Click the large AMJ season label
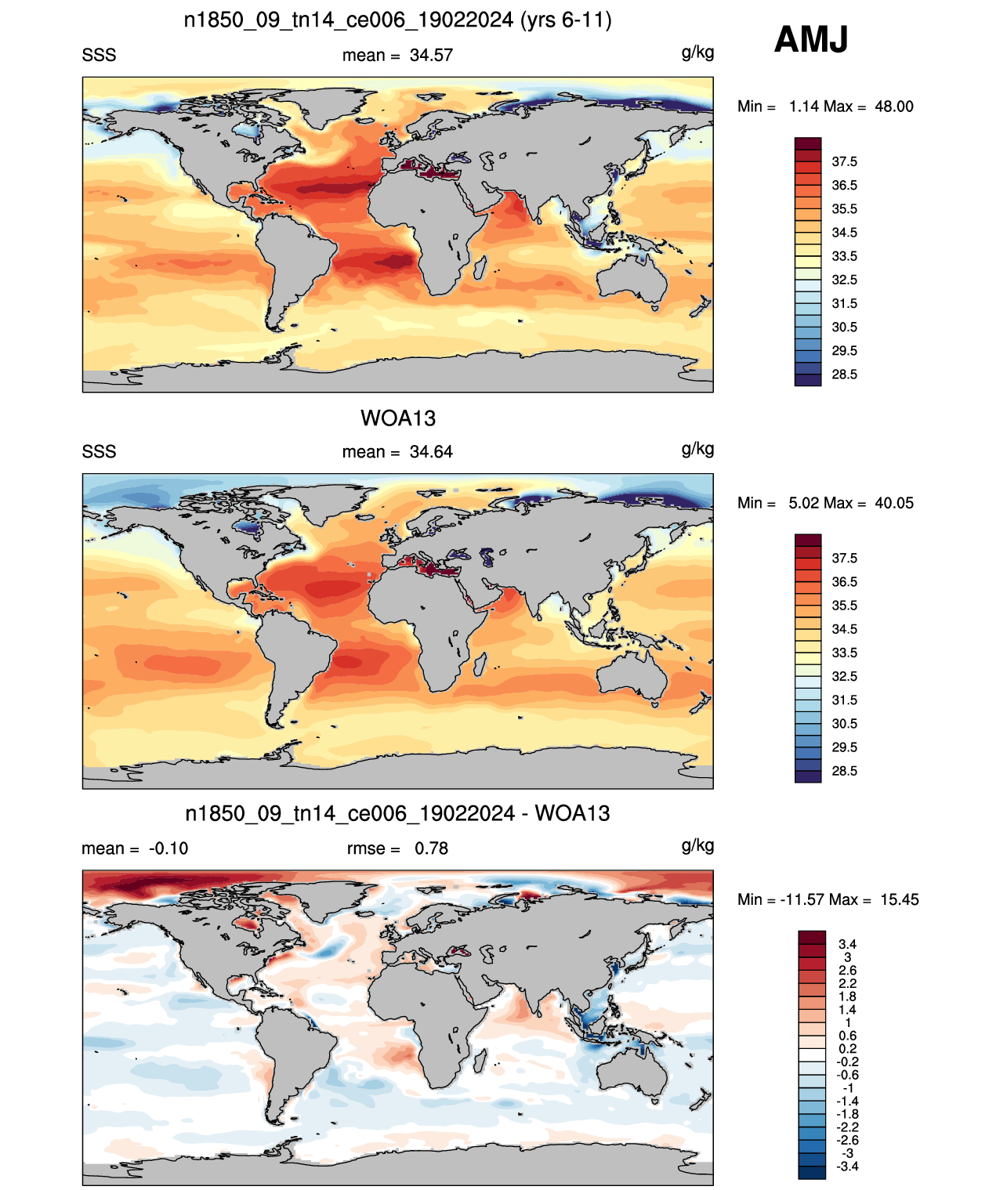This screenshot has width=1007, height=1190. [810, 39]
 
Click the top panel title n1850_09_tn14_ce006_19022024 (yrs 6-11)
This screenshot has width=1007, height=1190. [397, 20]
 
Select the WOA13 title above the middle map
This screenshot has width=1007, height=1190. [398, 418]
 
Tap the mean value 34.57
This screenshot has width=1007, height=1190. [431, 56]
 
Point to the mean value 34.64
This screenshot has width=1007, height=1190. [431, 452]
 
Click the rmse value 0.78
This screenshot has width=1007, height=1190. [431, 848]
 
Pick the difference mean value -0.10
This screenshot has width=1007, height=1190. [168, 848]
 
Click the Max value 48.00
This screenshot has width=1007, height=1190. [894, 107]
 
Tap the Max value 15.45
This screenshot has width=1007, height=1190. [900, 900]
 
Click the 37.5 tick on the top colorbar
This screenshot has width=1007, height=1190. [844, 162]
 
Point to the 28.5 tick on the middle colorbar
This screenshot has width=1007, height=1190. [844, 771]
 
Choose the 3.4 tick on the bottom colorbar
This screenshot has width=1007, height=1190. [847, 944]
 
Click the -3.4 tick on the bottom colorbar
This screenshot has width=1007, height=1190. [847, 1166]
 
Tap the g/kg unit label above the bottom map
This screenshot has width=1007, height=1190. [697, 846]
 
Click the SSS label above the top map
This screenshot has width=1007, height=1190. [99, 56]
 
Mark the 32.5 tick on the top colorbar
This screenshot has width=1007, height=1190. [844, 280]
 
